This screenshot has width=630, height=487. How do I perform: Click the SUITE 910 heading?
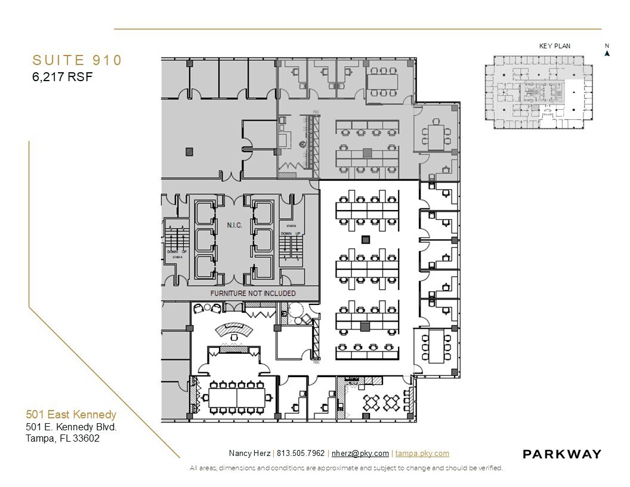coord(77,60)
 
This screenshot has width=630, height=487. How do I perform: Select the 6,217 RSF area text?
coord(62,76)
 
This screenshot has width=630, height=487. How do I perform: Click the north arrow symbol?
coord(607,53)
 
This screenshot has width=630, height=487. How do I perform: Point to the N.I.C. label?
coord(234,225)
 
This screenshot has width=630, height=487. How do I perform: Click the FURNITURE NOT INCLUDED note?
coord(253,294)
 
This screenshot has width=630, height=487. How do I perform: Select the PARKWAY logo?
coord(561,454)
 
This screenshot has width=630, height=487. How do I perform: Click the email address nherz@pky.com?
coord(360,454)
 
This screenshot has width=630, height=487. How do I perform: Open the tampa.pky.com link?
coord(422,454)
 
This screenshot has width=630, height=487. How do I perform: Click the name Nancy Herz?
coord(249,454)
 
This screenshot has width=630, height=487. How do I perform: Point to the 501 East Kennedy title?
coord(71,414)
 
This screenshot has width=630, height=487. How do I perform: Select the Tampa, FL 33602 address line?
coord(62,438)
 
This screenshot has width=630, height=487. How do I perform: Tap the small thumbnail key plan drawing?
coord(538,91)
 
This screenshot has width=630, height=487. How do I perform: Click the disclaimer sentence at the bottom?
coord(346,468)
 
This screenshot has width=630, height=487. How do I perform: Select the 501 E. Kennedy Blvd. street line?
coord(71,427)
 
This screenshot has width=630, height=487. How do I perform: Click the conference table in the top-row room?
coord(382,80)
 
